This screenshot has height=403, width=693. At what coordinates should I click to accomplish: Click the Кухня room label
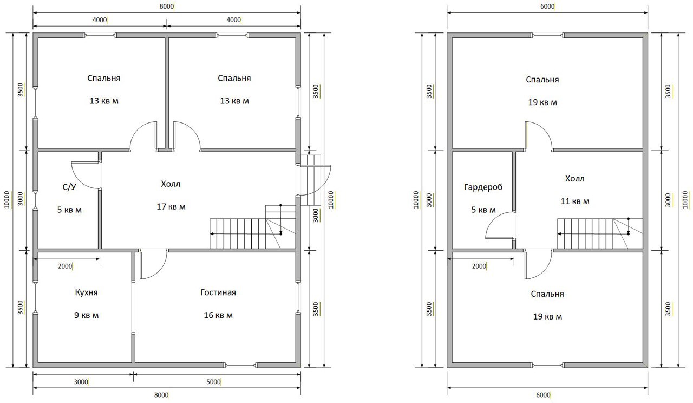[86, 292]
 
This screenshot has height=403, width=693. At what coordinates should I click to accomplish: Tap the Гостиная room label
[218, 292]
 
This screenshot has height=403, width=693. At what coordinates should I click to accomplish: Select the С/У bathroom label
[69, 187]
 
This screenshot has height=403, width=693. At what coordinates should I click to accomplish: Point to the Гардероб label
[483, 187]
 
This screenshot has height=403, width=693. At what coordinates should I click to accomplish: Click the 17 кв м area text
[171, 207]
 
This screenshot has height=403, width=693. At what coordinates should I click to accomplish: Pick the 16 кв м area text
[218, 315]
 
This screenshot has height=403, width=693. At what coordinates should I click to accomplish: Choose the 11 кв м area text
[575, 201]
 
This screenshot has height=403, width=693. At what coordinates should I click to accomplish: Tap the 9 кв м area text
[86, 315]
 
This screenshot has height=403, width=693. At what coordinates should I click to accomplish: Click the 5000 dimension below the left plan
[213, 382]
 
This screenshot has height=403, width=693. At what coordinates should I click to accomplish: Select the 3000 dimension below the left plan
[81, 382]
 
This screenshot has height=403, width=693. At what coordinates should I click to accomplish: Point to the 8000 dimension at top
[167, 6]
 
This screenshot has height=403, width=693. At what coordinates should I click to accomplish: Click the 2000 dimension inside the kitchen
[65, 266]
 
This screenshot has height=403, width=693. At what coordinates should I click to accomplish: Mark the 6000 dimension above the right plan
[547, 6]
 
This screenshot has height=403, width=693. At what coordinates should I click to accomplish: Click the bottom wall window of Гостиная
[241, 365]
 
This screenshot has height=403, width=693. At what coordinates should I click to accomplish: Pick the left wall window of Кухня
[36, 297]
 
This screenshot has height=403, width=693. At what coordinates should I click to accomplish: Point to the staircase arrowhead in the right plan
[559, 234]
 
